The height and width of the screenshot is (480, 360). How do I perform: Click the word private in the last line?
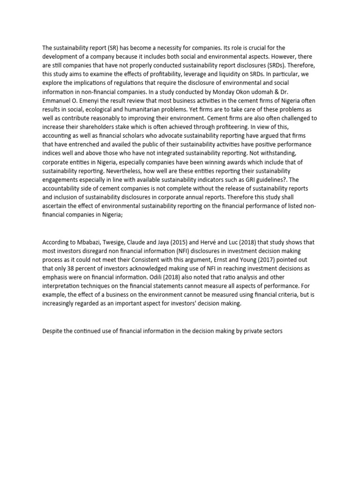(255, 332)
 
